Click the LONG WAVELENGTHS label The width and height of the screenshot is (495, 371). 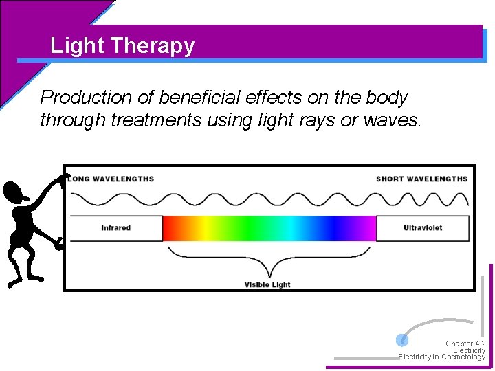pyautogui.click(x=111, y=179)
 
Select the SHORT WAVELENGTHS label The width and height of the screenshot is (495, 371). pyautogui.click(x=421, y=179)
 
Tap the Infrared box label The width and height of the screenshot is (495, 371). pyautogui.click(x=115, y=228)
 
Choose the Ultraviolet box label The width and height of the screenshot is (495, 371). pyautogui.click(x=423, y=228)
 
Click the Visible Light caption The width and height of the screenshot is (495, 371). pyautogui.click(x=267, y=284)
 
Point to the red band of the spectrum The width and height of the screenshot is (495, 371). pyautogui.click(x=172, y=228)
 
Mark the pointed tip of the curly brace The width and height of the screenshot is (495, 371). pyautogui.click(x=268, y=275)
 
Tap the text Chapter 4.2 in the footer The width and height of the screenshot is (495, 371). pyautogui.click(x=465, y=344)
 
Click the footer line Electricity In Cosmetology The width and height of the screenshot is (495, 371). pyautogui.click(x=441, y=357)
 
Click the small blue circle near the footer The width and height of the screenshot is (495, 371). pyautogui.click(x=402, y=339)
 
